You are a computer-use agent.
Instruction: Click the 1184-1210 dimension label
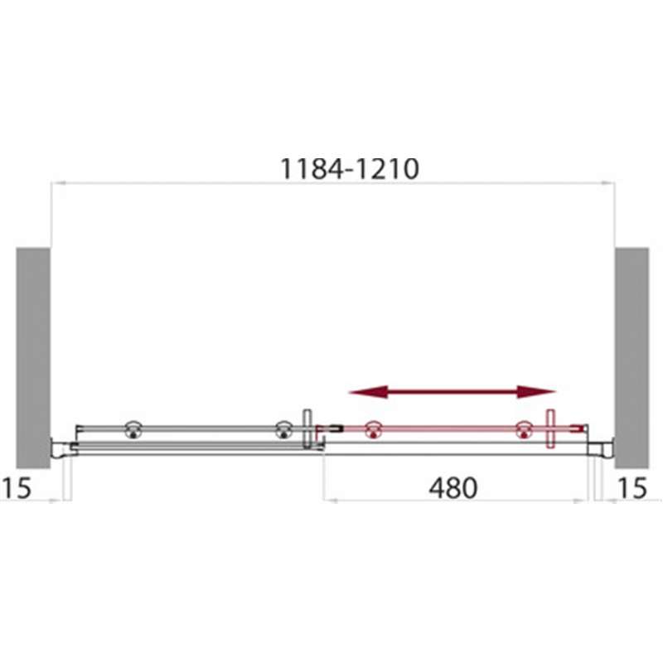click(350, 169)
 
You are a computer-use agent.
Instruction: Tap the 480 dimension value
click(452, 487)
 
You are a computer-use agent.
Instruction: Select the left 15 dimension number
click(16, 487)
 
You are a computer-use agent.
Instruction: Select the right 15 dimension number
click(632, 487)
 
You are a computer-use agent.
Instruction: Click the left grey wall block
click(33, 358)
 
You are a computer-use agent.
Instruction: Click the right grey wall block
click(632, 358)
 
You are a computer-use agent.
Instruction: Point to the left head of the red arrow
click(369, 392)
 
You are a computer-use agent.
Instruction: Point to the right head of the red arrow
click(536, 392)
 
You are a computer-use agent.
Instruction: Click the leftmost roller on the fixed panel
click(133, 429)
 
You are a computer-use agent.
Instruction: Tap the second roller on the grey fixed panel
click(283, 429)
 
